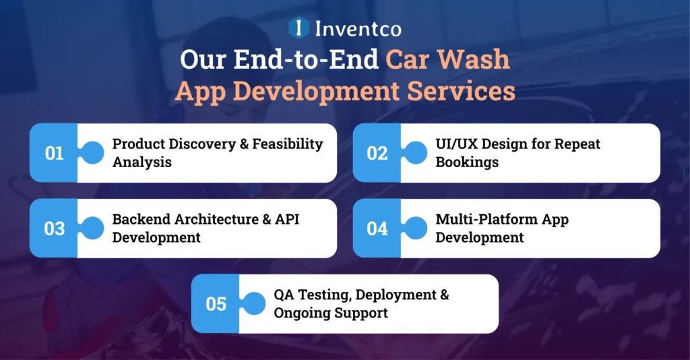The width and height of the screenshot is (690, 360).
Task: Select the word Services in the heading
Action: (471, 90)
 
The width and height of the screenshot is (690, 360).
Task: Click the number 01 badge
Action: (54, 153)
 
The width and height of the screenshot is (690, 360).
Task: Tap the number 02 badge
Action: (377, 153)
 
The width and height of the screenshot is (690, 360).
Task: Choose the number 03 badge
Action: (54, 229)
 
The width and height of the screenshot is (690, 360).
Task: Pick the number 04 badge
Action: (377, 229)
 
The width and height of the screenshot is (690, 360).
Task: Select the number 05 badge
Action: (216, 304)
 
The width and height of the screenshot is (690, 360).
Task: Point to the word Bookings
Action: (468, 162)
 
